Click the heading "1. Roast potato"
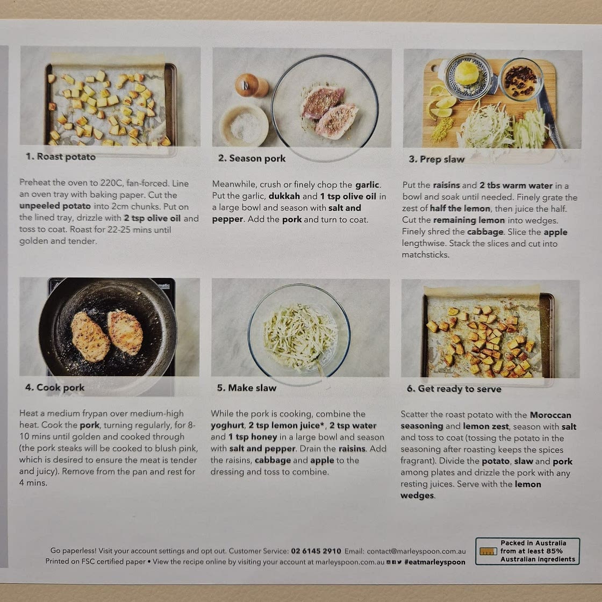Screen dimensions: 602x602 click(x=61, y=156)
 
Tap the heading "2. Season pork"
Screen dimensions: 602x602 click(x=252, y=158)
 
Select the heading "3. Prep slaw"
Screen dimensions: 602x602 click(x=436, y=159)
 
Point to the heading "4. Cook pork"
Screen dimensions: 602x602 click(x=55, y=388)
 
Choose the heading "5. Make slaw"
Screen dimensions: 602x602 click(x=247, y=388)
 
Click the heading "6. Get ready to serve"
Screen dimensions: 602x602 click(x=454, y=389)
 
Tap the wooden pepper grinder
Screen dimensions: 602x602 click(x=252, y=85)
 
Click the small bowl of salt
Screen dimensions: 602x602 click(x=244, y=125)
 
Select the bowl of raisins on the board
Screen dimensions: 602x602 click(x=521, y=80)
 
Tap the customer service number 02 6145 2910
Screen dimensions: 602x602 click(x=316, y=551)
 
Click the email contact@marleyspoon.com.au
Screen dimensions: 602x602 click(x=416, y=551)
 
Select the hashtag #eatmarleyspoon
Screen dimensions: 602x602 click(x=435, y=562)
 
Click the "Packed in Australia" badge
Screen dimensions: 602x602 click(x=527, y=551)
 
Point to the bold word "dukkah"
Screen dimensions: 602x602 click(x=284, y=196)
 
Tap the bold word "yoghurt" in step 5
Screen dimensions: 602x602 click(x=227, y=426)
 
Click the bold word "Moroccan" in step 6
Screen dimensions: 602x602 click(x=550, y=415)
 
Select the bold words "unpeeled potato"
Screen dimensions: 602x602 click(x=55, y=206)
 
